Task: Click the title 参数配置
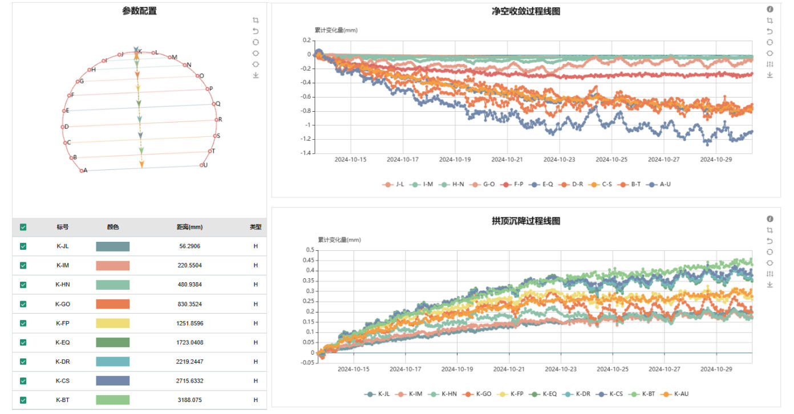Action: click(x=139, y=11)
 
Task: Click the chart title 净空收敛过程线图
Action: click(x=525, y=11)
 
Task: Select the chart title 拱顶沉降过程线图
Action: click(x=525, y=221)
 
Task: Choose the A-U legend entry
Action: click(x=661, y=184)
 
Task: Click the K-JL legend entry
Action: click(x=380, y=394)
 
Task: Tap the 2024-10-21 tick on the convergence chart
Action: click(x=508, y=160)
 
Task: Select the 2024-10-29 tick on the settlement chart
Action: click(x=716, y=369)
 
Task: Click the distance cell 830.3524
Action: click(x=189, y=304)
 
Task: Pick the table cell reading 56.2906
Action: click(x=189, y=246)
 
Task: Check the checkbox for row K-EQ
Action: click(x=23, y=342)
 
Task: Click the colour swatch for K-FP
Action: click(x=112, y=323)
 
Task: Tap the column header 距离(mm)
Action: click(x=189, y=227)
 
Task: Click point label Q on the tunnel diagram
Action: click(x=217, y=104)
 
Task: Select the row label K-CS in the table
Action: click(x=62, y=380)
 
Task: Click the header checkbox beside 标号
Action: click(x=23, y=227)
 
